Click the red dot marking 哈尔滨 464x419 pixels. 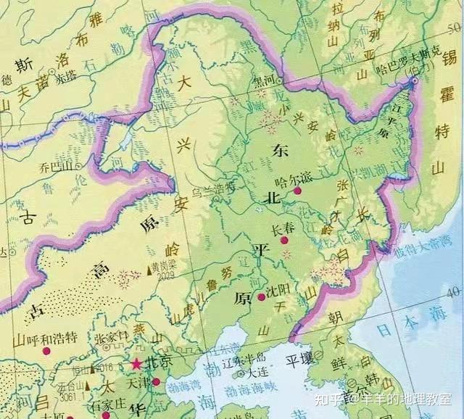click(x=297, y=191)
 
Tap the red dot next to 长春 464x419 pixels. click(x=285, y=239)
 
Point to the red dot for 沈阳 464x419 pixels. click(x=261, y=297)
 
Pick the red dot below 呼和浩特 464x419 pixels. click(x=46, y=351)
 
